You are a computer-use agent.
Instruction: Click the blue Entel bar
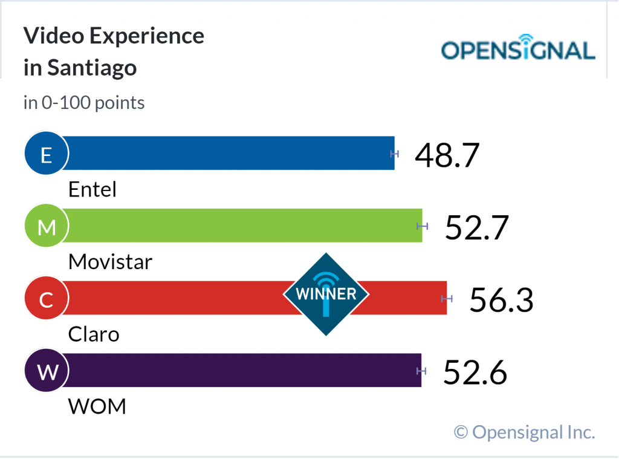point(230,153)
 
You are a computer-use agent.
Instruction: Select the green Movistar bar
point(242,226)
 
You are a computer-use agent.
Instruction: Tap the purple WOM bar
point(242,370)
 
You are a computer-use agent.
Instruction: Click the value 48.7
point(447,155)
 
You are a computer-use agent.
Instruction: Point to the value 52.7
point(477,227)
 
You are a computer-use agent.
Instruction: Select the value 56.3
point(501,300)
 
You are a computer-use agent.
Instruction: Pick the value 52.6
point(475,372)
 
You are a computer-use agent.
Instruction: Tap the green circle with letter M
point(46,227)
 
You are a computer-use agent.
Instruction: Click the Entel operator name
point(92,190)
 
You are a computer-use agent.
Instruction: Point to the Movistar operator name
point(110,262)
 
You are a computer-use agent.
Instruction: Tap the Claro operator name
point(94,334)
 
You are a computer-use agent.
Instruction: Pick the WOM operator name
point(97,406)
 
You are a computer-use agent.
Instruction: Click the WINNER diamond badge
point(326,295)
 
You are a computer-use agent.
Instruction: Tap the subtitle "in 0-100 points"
point(84,103)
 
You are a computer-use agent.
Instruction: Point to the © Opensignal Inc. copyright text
point(525,432)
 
